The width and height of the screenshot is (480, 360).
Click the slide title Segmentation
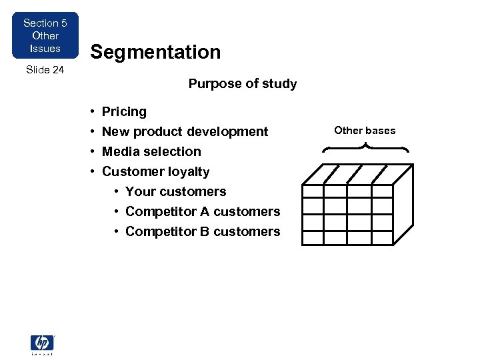tap(155, 52)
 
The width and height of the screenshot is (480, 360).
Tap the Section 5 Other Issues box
tap(45, 35)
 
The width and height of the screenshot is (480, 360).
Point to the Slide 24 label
tap(45, 69)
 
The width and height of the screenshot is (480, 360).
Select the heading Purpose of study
tap(243, 83)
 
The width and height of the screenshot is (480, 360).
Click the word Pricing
tap(124, 111)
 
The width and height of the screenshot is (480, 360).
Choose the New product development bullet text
tap(185, 131)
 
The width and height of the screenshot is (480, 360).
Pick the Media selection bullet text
tap(151, 151)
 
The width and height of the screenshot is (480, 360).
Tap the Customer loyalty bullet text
tap(155, 171)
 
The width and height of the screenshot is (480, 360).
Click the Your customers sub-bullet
tap(175, 191)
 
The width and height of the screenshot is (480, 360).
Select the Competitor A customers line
tap(203, 211)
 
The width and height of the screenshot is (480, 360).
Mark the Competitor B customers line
tap(203, 231)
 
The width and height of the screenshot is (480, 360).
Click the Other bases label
tap(365, 130)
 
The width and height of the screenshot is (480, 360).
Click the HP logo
tap(42, 343)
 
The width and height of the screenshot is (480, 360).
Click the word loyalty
tap(190, 172)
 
